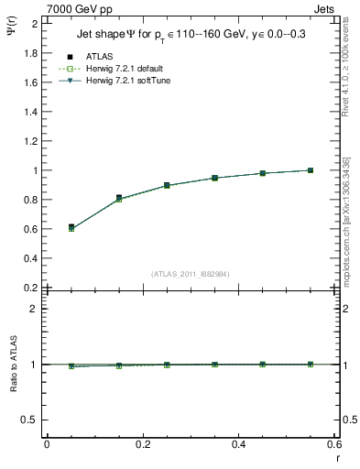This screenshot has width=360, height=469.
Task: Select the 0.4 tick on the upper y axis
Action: [x=30, y=258]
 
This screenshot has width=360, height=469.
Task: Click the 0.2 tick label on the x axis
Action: [x=142, y=444]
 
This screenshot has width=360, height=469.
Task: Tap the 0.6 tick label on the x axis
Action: [x=333, y=444]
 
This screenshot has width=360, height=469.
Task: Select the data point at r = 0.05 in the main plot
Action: [x=71, y=227]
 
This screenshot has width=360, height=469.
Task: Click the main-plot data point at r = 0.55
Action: [x=311, y=170]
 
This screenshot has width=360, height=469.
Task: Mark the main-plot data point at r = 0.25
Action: [x=167, y=185]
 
